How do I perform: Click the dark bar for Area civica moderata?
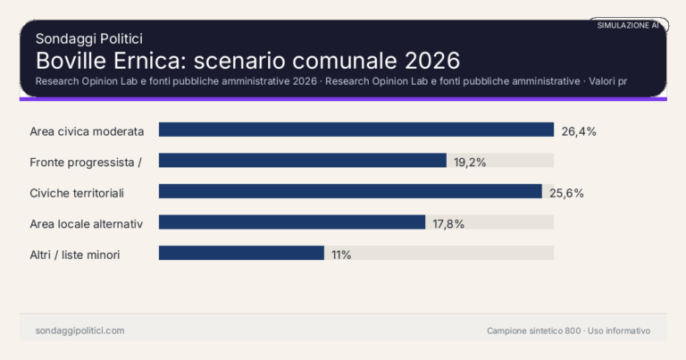(356, 130)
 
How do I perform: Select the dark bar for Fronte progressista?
(302, 161)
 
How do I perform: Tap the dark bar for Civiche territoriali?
(350, 192)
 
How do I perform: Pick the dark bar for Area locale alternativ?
(292, 222)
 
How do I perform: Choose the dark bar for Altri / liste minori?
(241, 254)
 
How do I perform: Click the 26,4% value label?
(579, 131)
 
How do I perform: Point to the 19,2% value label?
(471, 162)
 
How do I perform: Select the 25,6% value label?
(566, 193)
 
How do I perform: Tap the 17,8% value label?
(448, 223)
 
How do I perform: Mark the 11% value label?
(341, 255)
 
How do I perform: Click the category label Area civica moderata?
(87, 131)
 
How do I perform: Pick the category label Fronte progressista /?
(87, 162)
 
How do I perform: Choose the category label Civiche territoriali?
(76, 193)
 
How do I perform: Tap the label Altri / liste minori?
(75, 255)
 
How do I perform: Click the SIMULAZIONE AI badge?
(628, 26)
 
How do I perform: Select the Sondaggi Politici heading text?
(89, 38)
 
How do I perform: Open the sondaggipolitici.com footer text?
(80, 331)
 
